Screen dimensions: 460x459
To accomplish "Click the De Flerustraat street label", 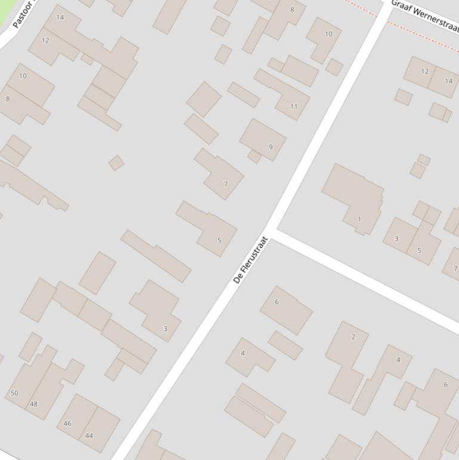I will (251, 260).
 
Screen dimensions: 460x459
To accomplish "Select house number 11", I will (294, 107).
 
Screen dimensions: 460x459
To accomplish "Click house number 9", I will (271, 147).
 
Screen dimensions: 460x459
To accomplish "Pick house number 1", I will (359, 219).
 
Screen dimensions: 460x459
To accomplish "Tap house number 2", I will (353, 337).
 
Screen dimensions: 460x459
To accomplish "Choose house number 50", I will (14, 393).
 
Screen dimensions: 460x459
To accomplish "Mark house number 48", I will (33, 404).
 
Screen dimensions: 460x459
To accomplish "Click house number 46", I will (67, 424).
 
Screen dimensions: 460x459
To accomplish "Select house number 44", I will (89, 436).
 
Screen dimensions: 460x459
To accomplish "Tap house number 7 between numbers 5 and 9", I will (226, 184).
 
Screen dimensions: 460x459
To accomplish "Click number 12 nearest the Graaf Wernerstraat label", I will (425, 71).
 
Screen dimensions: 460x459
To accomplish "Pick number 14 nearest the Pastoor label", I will (60, 17).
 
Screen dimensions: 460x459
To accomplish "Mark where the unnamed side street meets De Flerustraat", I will (272, 230).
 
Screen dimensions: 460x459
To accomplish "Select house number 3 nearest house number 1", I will (396, 238).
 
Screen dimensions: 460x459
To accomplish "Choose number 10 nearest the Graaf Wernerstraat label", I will (328, 34).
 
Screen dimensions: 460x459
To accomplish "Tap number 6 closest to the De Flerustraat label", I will (277, 302).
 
